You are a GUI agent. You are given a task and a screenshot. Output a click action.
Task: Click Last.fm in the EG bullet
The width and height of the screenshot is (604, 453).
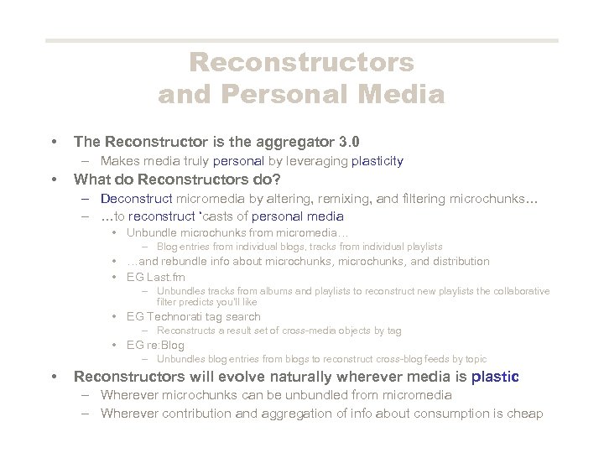(166, 277)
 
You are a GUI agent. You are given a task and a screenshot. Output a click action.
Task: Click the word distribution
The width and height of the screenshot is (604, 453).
(459, 261)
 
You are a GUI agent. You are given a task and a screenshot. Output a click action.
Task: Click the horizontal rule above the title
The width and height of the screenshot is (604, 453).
(301, 40)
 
